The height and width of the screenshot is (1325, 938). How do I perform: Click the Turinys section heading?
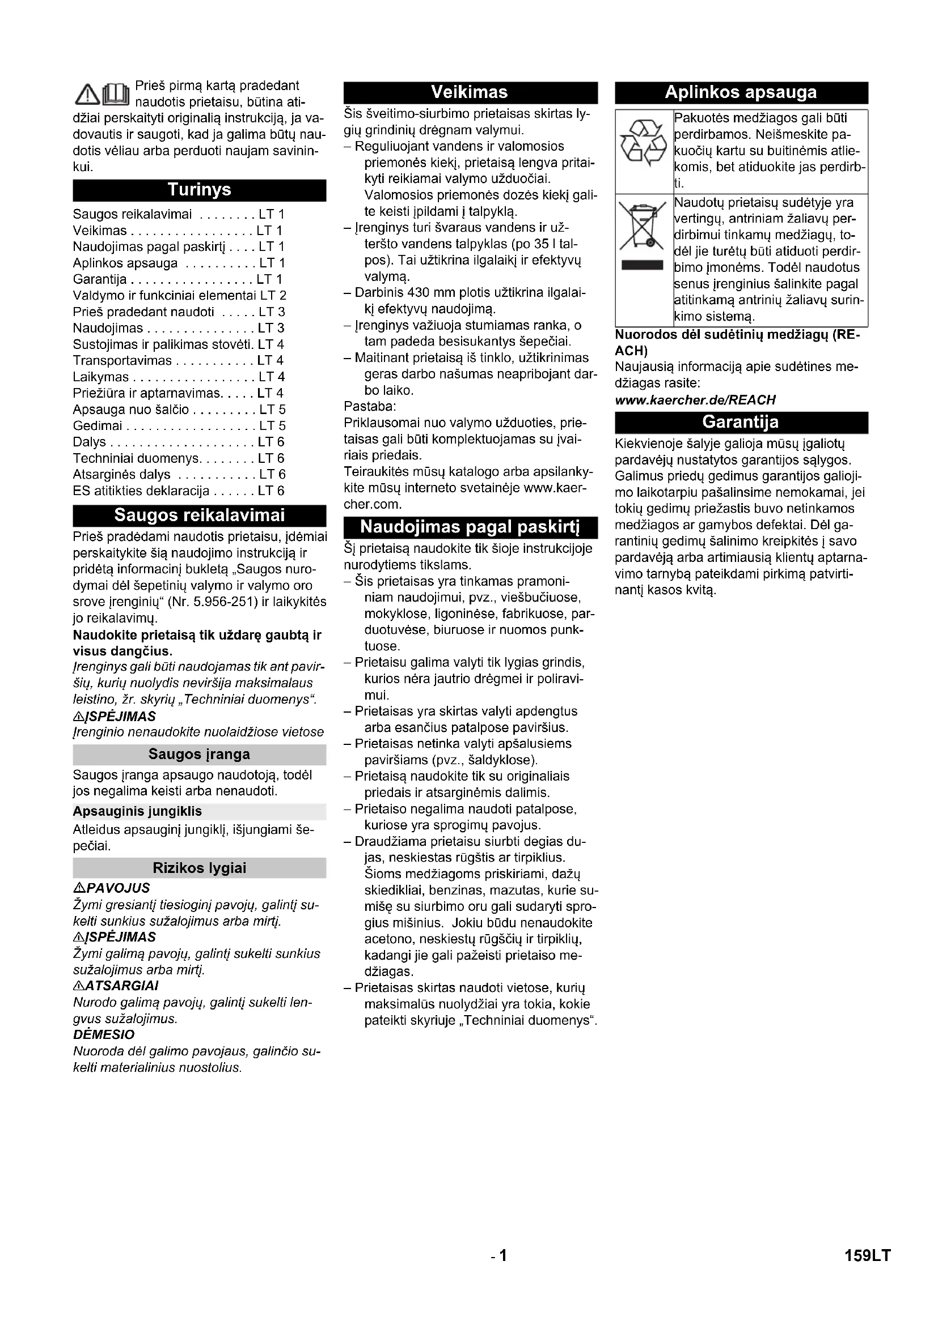point(199,190)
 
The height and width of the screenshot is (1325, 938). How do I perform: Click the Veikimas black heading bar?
point(470,92)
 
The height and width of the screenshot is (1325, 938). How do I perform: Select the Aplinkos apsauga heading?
point(741,92)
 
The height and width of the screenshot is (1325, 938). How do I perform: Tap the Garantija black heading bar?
point(741,422)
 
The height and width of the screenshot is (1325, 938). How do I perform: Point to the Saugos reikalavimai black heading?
point(199,515)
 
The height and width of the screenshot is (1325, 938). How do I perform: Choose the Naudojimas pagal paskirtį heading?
point(470,527)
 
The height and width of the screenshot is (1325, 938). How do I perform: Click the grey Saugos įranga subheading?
point(199,754)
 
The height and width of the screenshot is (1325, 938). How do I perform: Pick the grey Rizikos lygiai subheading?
point(199,868)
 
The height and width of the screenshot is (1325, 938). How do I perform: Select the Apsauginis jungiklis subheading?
point(137,811)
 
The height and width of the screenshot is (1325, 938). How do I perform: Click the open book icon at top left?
point(116,95)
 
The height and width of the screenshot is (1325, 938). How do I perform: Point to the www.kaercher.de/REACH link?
point(695,400)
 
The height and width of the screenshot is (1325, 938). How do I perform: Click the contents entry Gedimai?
point(98,426)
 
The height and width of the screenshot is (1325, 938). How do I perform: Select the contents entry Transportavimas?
point(122,361)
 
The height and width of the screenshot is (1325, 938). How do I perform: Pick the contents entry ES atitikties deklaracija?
point(141,491)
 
